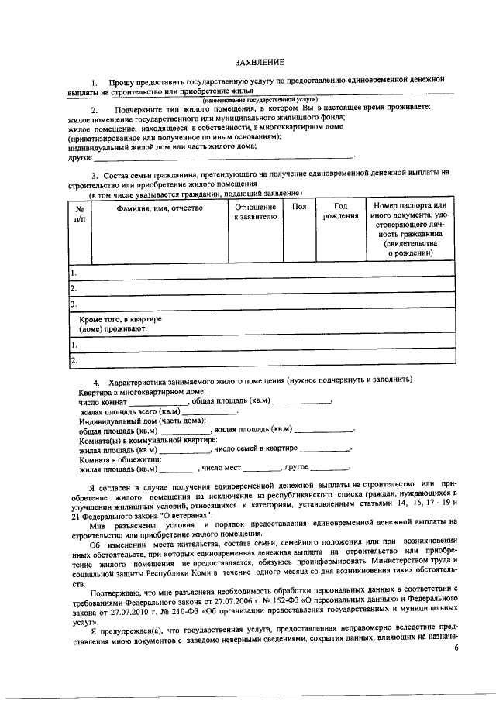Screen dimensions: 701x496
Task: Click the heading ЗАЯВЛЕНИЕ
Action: [x=260, y=62]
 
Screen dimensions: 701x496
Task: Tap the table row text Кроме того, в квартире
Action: [x=121, y=319]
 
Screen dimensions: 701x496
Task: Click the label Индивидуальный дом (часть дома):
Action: [x=146, y=420]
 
